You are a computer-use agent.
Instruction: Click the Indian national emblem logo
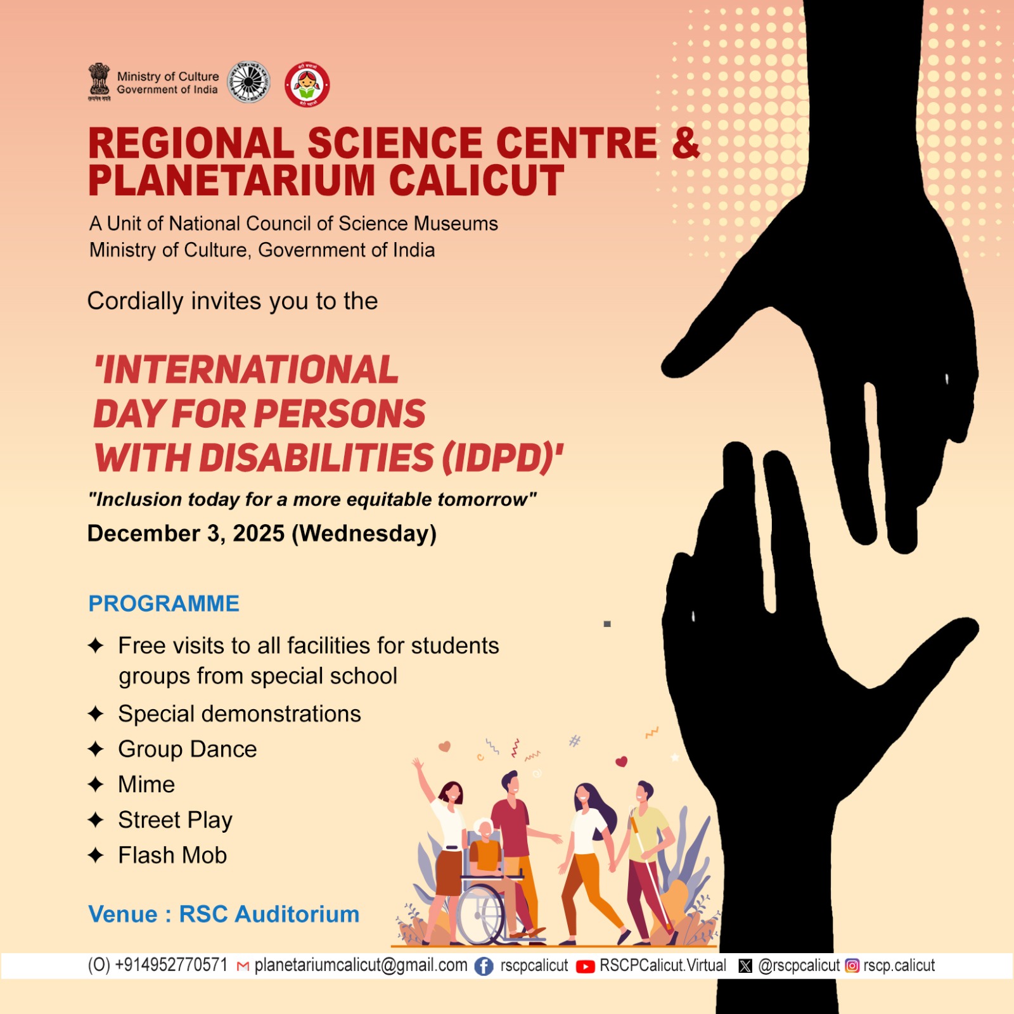tap(99, 82)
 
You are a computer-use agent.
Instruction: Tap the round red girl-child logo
tap(307, 84)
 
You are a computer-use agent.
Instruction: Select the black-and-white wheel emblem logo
tap(248, 82)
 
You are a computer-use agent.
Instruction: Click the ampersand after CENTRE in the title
tap(686, 143)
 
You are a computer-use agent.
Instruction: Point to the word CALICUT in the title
tap(477, 181)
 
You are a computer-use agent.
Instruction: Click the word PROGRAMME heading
tap(164, 603)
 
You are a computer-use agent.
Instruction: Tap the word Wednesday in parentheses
tap(364, 534)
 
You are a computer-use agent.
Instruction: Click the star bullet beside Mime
tap(96, 785)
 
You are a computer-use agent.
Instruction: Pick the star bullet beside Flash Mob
tap(96, 856)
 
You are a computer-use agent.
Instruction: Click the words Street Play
tap(176, 820)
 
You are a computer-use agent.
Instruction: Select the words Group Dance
tap(188, 750)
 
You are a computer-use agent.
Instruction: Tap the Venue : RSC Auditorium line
tap(224, 914)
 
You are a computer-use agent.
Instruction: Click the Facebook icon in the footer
tap(484, 966)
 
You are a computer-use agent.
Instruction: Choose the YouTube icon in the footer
tap(585, 966)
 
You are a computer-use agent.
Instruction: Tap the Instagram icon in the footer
tap(852, 966)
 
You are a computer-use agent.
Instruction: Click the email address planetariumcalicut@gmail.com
tap(361, 966)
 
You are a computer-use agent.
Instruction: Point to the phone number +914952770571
tap(171, 965)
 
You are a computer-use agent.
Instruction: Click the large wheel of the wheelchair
tap(482, 915)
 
